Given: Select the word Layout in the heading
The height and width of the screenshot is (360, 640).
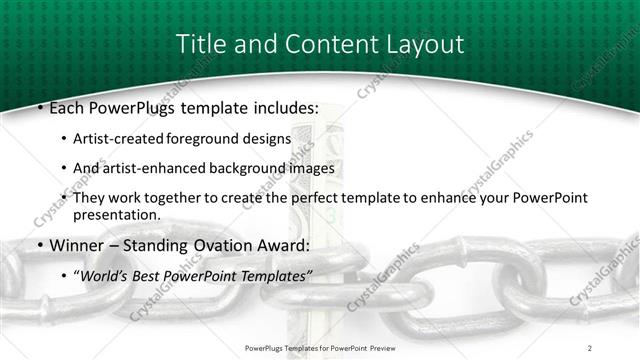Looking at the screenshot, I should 423,44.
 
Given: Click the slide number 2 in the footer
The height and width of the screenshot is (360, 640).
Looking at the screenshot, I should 590,347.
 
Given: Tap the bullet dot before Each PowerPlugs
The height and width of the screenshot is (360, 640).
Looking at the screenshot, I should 39,106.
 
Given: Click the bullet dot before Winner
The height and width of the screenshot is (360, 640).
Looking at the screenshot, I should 39,246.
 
